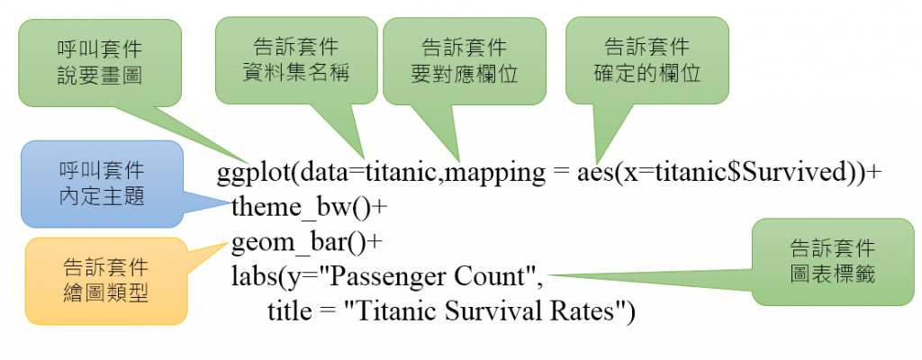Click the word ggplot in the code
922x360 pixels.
tap(253, 174)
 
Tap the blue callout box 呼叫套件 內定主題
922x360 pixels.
tap(102, 184)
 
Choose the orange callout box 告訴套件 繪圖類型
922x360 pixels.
tap(106, 281)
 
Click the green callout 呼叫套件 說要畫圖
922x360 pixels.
tap(99, 63)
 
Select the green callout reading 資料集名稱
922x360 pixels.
tap(296, 60)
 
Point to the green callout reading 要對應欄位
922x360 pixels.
tap(465, 61)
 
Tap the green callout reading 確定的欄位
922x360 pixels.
tap(646, 60)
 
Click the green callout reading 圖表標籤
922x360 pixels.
tap(833, 262)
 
